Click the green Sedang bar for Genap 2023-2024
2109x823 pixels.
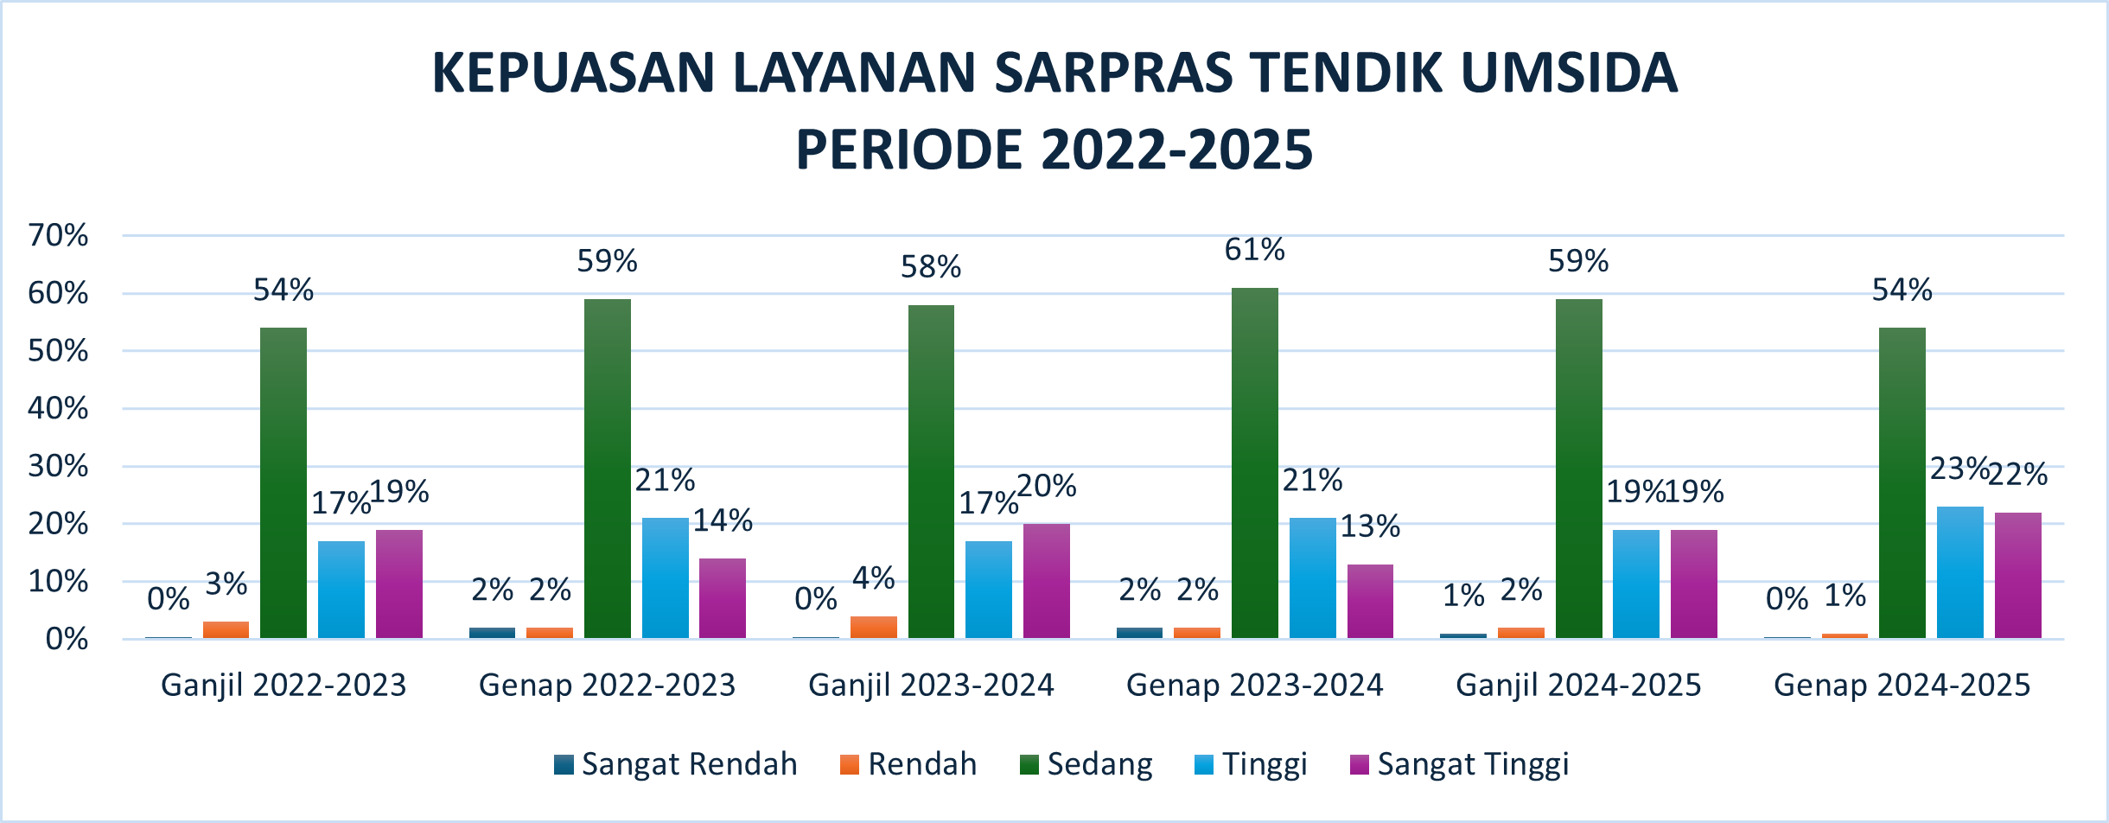point(1254,463)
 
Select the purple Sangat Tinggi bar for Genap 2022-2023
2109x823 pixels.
point(723,598)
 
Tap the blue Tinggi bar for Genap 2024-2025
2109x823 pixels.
point(1959,572)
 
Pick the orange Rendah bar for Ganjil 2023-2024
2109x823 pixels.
point(873,627)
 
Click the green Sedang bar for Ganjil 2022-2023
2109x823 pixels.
point(284,482)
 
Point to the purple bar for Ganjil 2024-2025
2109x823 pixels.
point(1693,584)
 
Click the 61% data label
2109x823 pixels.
point(1254,250)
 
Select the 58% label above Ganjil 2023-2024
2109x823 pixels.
point(931,267)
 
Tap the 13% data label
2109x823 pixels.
point(1370,526)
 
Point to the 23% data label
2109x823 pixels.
point(1959,469)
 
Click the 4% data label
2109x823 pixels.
point(873,578)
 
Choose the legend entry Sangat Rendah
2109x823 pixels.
point(676,764)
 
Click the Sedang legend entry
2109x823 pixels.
point(1086,764)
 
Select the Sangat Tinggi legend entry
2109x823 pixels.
point(1459,764)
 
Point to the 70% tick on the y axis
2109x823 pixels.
point(59,235)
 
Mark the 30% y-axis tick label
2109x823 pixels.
point(59,466)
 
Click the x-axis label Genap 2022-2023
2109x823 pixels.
point(607,685)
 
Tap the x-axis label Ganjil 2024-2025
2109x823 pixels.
point(1578,685)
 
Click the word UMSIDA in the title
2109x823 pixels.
point(1569,73)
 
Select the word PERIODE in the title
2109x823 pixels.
point(908,150)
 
